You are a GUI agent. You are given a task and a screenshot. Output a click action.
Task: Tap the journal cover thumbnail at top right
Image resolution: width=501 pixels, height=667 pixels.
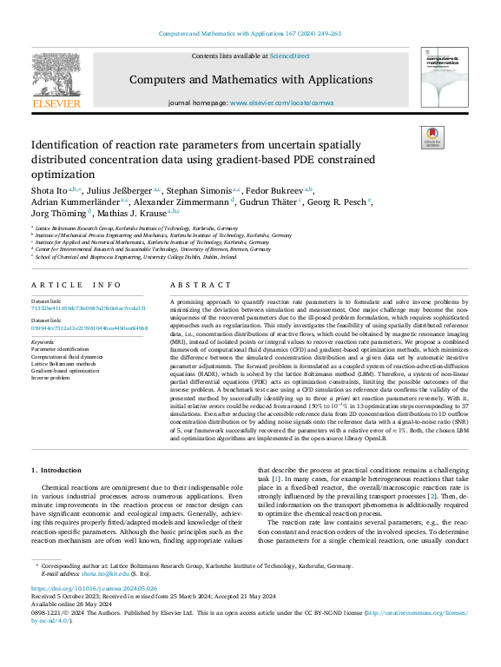click(443, 74)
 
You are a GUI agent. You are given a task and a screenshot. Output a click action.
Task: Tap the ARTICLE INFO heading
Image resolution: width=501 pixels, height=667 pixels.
click(76, 285)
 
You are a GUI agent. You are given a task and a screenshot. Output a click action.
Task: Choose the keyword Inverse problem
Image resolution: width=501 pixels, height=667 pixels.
click(51, 378)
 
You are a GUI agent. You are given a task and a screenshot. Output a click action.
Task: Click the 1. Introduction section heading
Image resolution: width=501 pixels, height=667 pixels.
click(59, 469)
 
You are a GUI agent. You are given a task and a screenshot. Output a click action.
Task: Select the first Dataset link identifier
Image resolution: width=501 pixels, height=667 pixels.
click(89, 308)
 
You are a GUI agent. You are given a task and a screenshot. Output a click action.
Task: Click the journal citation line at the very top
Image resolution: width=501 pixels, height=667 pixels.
click(250, 34)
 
